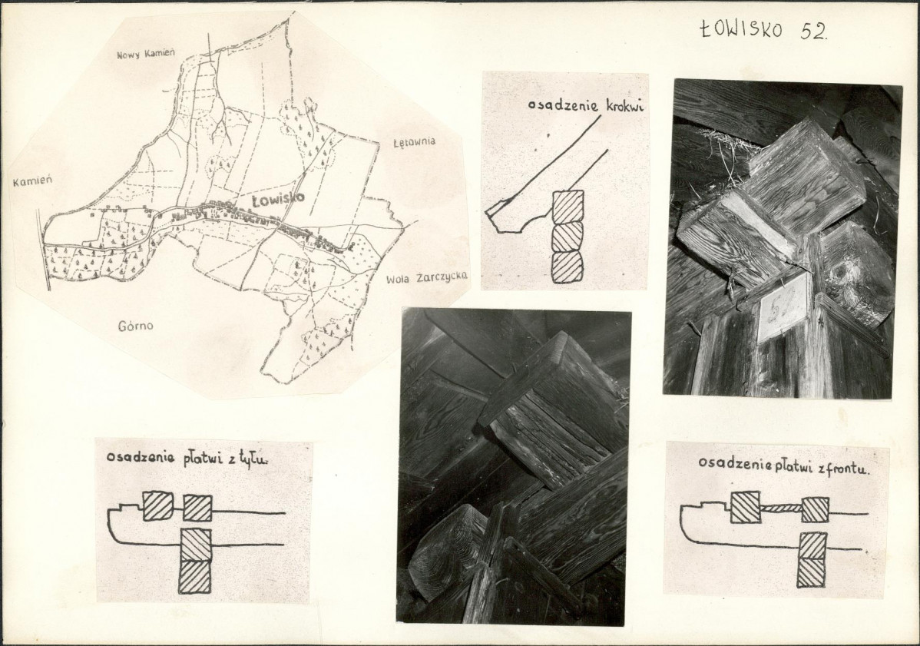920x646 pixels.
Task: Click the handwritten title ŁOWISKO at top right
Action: click(x=742, y=28)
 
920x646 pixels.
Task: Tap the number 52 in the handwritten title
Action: click(x=813, y=31)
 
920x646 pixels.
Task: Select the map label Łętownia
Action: click(x=414, y=141)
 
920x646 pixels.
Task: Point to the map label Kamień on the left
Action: click(x=32, y=181)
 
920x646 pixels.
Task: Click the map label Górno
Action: click(x=135, y=326)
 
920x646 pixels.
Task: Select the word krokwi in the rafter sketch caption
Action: click(x=623, y=106)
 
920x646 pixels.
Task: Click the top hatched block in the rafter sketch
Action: click(x=568, y=206)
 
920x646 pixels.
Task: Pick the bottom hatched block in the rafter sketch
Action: click(x=568, y=267)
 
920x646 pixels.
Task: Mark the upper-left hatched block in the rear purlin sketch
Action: click(x=158, y=505)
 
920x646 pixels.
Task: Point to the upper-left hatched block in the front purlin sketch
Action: click(x=745, y=507)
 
